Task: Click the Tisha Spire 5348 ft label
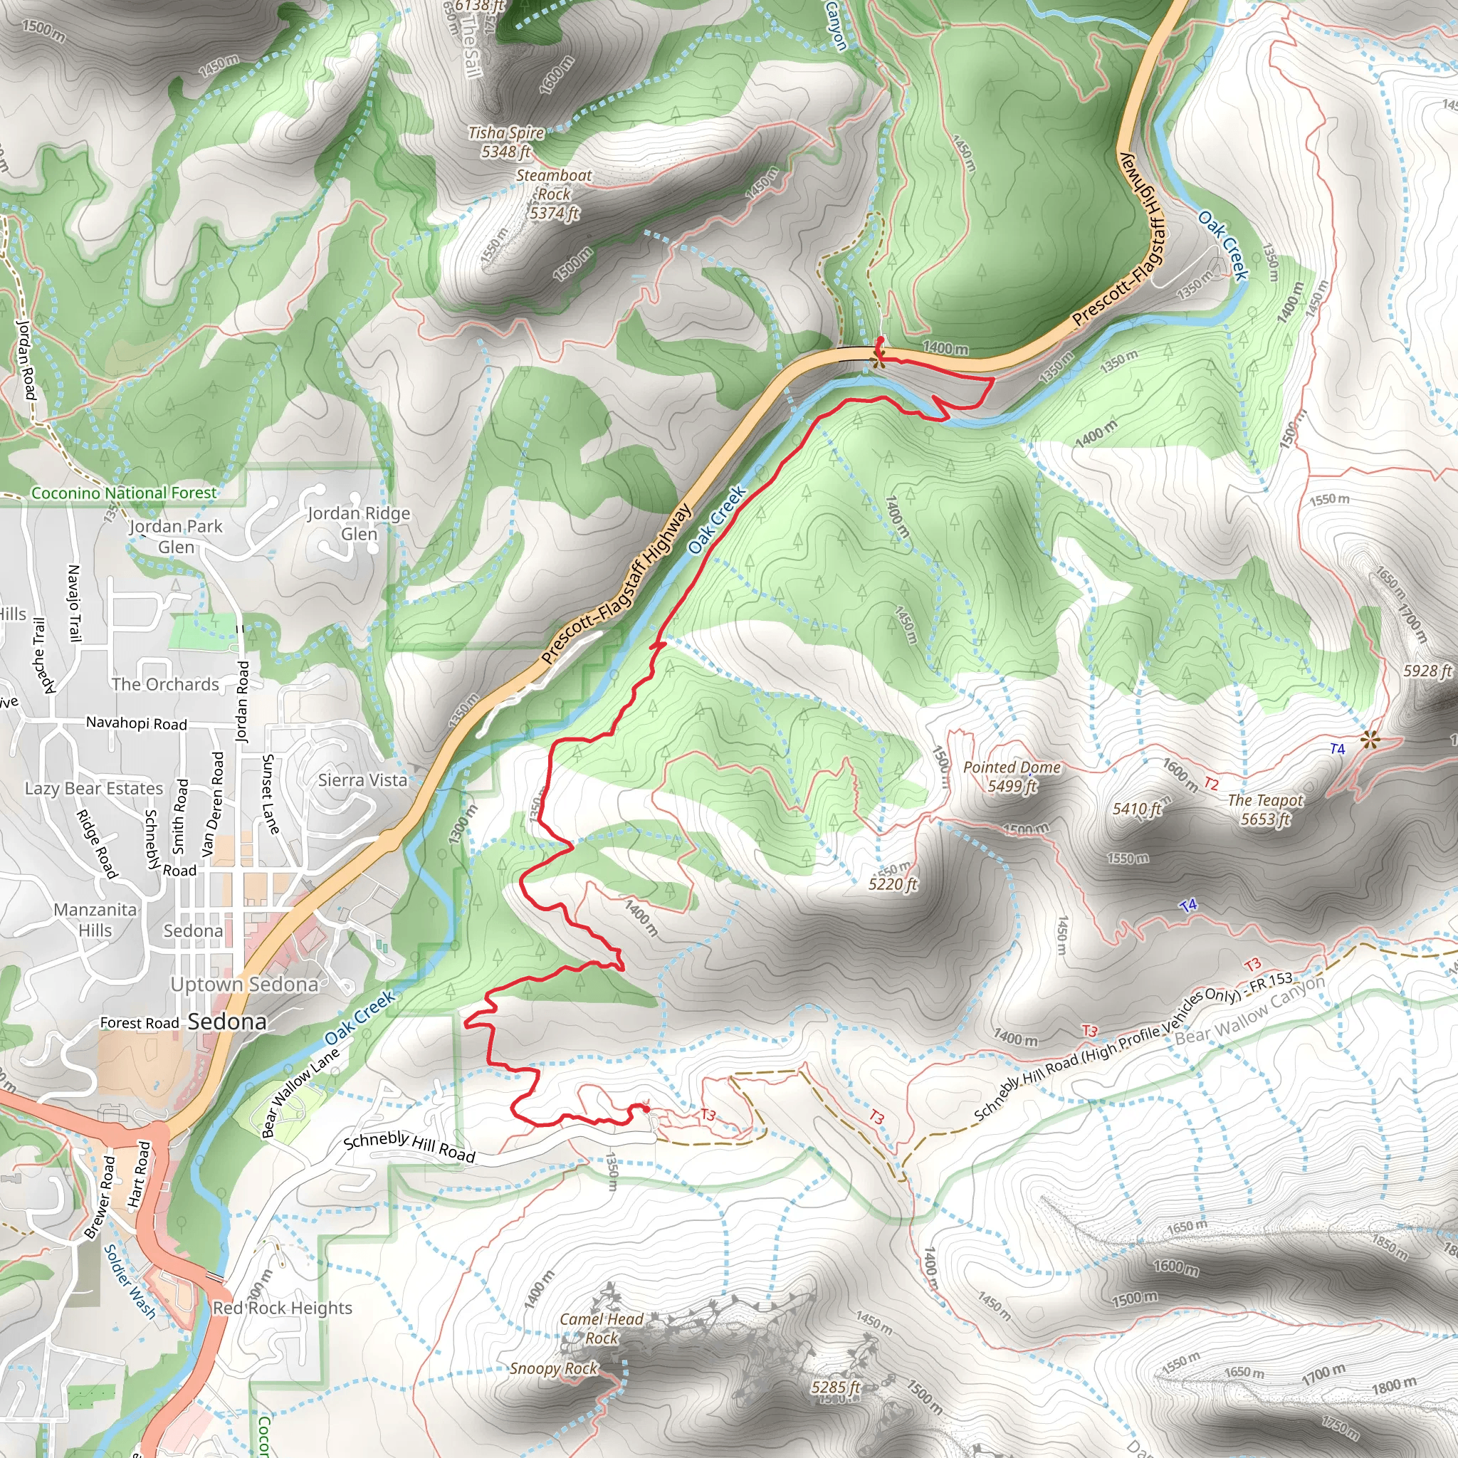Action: pyautogui.click(x=506, y=142)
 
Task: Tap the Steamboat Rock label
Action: pyautogui.click(x=554, y=194)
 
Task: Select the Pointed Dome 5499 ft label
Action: pyautogui.click(x=1012, y=777)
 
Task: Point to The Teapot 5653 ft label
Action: pyautogui.click(x=1266, y=809)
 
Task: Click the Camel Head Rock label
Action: pyautogui.click(x=602, y=1328)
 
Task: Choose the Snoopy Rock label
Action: pyautogui.click(x=553, y=1368)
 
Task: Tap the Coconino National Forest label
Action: pyautogui.click(x=124, y=493)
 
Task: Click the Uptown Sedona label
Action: pyautogui.click(x=244, y=984)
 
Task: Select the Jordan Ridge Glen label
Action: pyautogui.click(x=360, y=523)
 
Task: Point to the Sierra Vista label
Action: pyautogui.click(x=362, y=780)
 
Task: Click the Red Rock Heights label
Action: pyautogui.click(x=282, y=1308)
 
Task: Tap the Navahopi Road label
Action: pyautogui.click(x=137, y=723)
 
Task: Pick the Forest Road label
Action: pyautogui.click(x=140, y=1022)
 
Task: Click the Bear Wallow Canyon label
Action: pyautogui.click(x=1249, y=1011)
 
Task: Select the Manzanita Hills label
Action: pyautogui.click(x=95, y=920)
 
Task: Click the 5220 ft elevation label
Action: pyautogui.click(x=893, y=883)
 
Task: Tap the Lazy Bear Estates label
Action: pyautogui.click(x=93, y=789)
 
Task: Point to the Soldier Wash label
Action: pyautogui.click(x=129, y=1281)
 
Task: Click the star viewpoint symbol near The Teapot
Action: pyautogui.click(x=1370, y=740)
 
